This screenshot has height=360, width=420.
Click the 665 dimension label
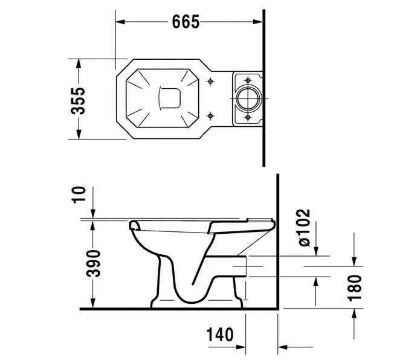186,22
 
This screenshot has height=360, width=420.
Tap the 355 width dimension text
78,101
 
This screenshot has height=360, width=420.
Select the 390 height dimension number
94,263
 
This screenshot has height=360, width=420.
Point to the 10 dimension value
79,195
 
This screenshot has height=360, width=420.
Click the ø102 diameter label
305,227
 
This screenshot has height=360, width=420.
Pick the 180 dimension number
355,288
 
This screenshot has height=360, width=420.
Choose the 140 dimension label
219,334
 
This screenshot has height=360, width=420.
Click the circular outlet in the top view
248,98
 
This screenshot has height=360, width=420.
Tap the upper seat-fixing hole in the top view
210,81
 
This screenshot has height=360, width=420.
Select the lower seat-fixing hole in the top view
210,115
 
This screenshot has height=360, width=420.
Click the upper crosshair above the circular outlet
248,80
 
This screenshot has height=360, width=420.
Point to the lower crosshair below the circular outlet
248,117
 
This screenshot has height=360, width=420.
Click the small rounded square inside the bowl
170,98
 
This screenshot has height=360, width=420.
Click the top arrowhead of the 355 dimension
78,63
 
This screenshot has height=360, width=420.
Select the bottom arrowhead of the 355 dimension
78,134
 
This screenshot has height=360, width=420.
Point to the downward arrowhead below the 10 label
93,214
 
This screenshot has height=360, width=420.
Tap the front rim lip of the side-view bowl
135,225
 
